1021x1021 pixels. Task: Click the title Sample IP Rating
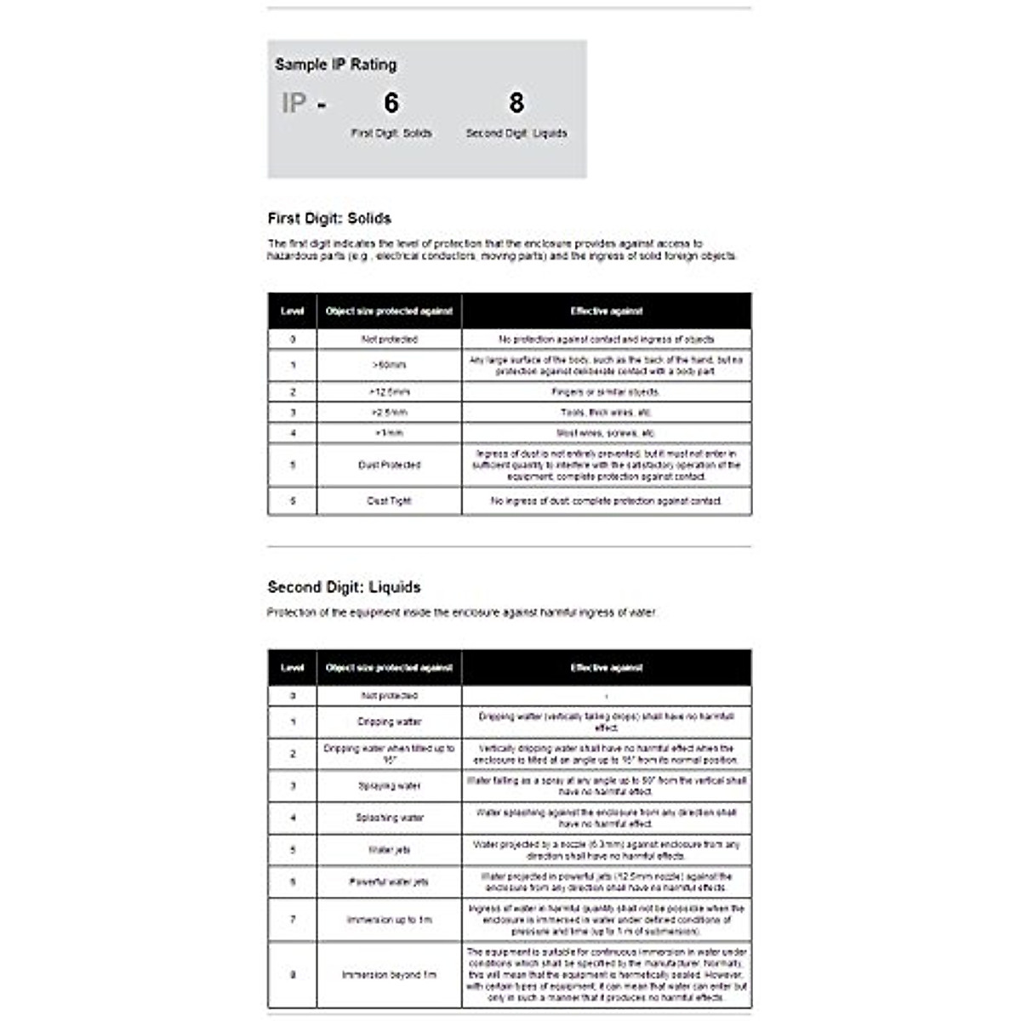pyautogui.click(x=335, y=65)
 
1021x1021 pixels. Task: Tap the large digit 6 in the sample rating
pyautogui.click(x=391, y=103)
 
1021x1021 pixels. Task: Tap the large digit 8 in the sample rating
pyautogui.click(x=516, y=103)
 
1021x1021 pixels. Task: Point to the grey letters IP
pyautogui.click(x=294, y=104)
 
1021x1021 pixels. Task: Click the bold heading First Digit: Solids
pyautogui.click(x=329, y=219)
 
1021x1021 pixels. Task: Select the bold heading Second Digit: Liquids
pyautogui.click(x=344, y=587)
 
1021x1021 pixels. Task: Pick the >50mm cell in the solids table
pyautogui.click(x=389, y=365)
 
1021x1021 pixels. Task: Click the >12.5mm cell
pyautogui.click(x=389, y=392)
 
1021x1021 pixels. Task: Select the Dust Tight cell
pyautogui.click(x=389, y=501)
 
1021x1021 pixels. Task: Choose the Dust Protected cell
pyautogui.click(x=389, y=465)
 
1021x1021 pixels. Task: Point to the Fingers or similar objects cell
pyautogui.click(x=606, y=392)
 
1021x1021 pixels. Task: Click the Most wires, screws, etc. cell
pyautogui.click(x=606, y=433)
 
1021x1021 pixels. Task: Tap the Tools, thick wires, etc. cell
pyautogui.click(x=606, y=413)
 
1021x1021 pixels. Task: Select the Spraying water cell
pyautogui.click(x=389, y=786)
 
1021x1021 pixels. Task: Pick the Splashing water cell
pyautogui.click(x=389, y=818)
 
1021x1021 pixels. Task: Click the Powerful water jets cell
pyautogui.click(x=389, y=882)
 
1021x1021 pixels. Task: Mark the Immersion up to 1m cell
pyautogui.click(x=389, y=920)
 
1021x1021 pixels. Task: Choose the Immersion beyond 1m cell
pyautogui.click(x=389, y=975)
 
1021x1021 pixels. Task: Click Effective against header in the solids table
pyautogui.click(x=606, y=311)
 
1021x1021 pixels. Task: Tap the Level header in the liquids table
pyautogui.click(x=292, y=668)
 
